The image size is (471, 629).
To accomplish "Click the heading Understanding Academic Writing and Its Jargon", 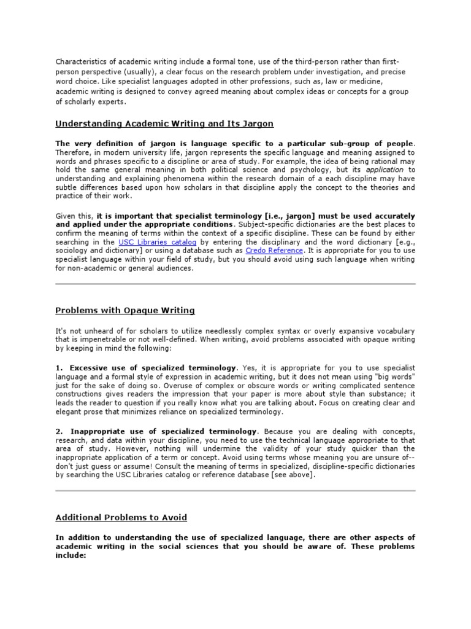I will point(164,123).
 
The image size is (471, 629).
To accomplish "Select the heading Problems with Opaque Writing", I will point(125,311).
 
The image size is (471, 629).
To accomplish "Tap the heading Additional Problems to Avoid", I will point(121,517).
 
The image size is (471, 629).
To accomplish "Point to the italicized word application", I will point(385,169).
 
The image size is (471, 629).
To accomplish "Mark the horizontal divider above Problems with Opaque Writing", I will point(235,284).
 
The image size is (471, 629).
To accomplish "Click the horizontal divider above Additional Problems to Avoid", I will point(235,491).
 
